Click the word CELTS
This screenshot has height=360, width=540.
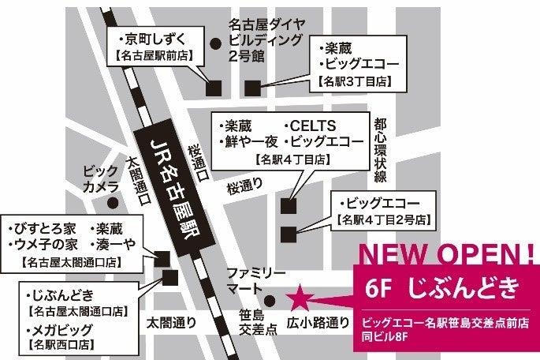click(313, 126)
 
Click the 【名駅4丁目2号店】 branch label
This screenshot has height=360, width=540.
click(383, 218)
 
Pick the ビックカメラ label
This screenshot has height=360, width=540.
click(102, 178)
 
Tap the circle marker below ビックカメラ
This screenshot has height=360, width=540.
click(114, 202)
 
